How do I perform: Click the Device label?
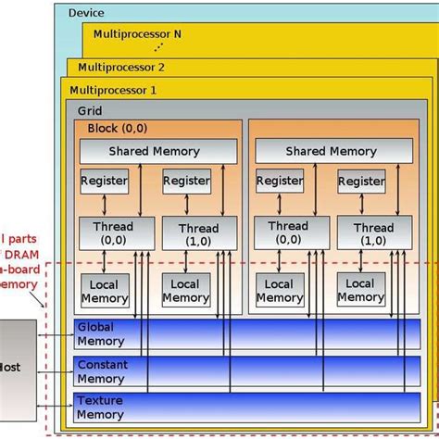[x=86, y=13]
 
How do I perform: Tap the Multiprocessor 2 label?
[x=121, y=68]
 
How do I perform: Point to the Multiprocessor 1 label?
[x=116, y=91]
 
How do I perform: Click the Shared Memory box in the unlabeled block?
[x=332, y=151]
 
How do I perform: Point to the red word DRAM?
[x=22, y=255]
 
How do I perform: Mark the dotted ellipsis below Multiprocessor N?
[x=158, y=45]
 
